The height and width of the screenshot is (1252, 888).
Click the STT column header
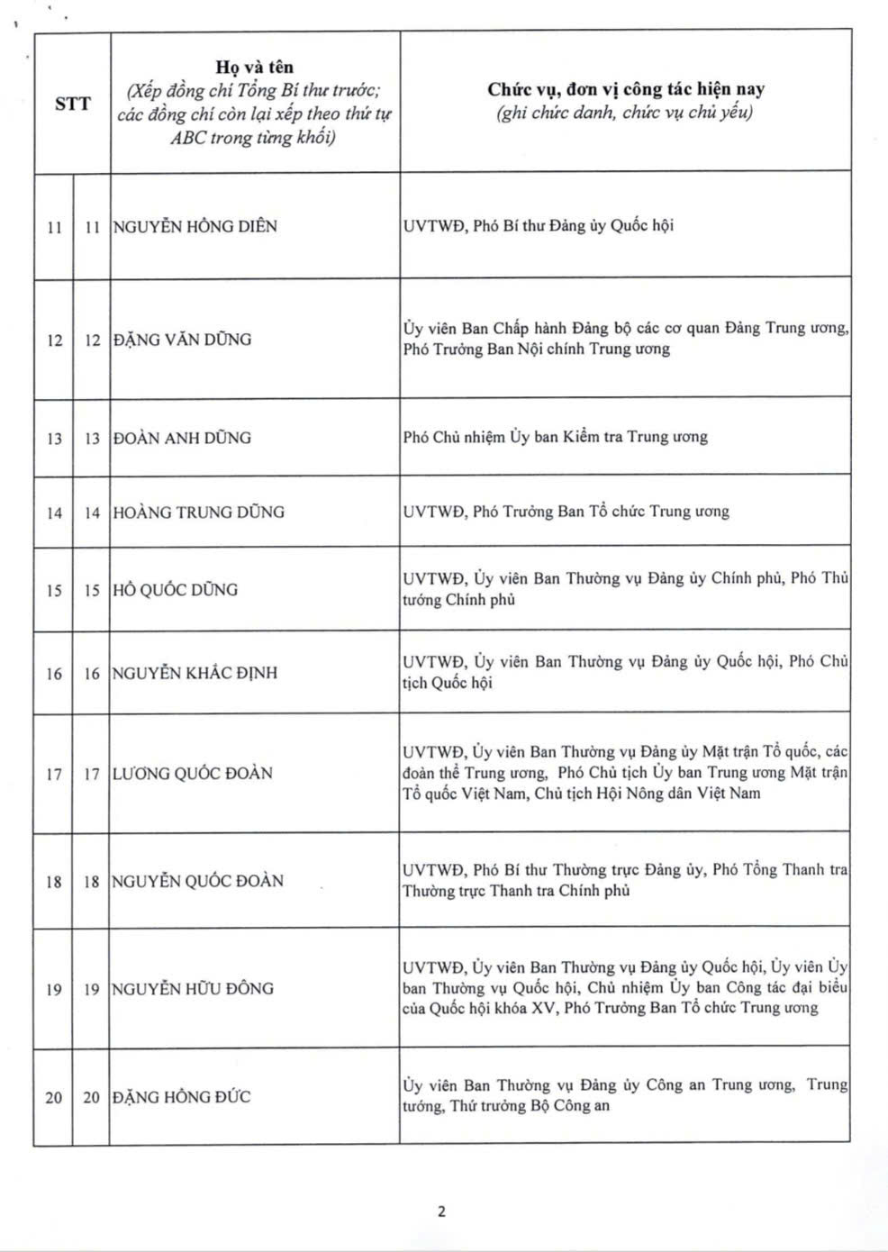[72, 103]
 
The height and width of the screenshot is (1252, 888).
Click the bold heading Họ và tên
[255, 67]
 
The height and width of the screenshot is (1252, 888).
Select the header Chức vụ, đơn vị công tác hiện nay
[625, 88]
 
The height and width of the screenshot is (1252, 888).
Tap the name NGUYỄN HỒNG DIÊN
[195, 226]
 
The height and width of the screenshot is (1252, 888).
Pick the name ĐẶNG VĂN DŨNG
[182, 340]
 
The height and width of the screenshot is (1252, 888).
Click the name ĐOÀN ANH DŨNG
[182, 438]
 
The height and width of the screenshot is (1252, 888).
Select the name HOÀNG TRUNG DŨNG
[198, 512]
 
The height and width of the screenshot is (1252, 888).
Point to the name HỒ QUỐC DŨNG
[176, 590]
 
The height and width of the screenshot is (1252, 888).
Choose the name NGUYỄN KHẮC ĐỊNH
[195, 673]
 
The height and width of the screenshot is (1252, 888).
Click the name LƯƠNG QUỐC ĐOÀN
[192, 773]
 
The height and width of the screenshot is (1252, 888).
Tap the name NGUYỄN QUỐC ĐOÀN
[197, 881]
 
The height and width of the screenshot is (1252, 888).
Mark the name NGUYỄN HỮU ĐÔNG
[192, 988]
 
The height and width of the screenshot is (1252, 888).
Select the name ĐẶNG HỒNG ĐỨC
[181, 1097]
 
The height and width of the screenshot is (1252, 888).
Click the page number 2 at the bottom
[441, 1211]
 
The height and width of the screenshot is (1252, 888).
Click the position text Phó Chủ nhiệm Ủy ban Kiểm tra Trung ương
[555, 437]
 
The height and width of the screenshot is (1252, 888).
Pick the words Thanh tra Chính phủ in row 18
[558, 891]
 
